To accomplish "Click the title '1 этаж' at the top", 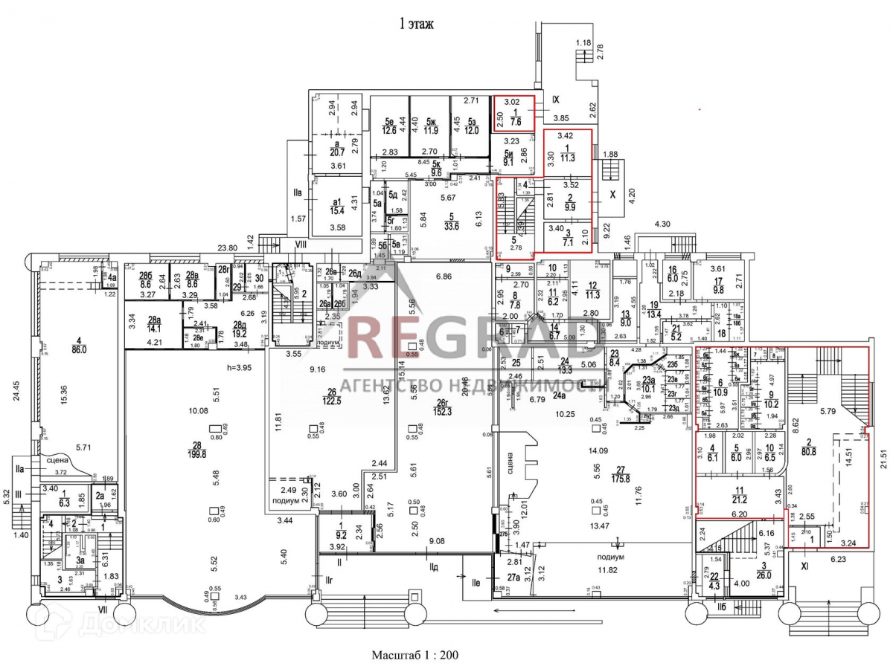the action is (x=417, y=25).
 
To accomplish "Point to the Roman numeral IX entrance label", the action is (x=557, y=97).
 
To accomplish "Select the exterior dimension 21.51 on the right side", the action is (x=883, y=447).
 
